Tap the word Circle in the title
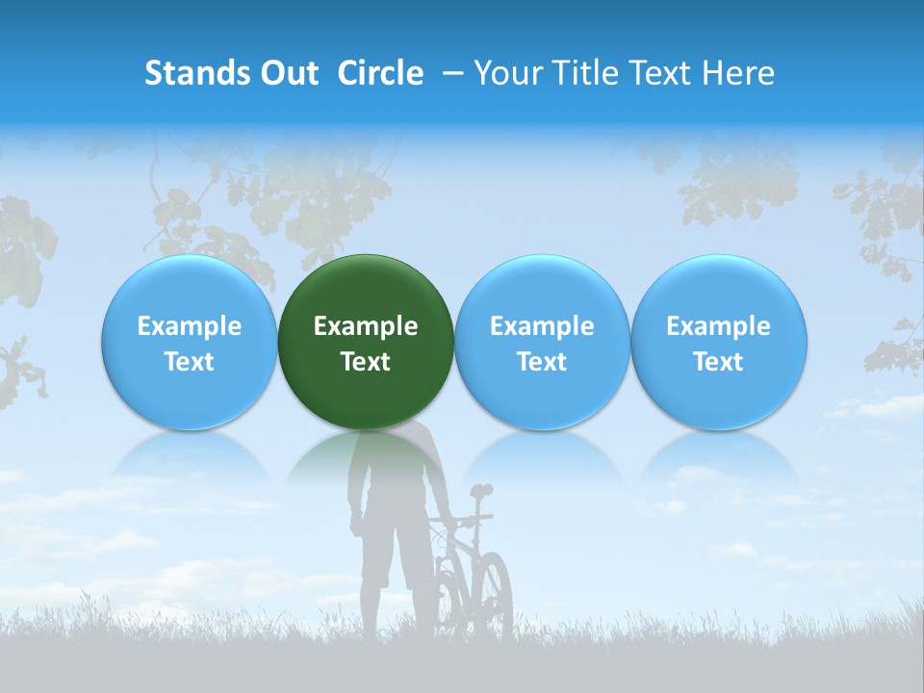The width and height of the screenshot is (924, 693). tap(380, 73)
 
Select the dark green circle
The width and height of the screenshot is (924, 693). tap(366, 342)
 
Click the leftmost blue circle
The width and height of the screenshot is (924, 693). tap(190, 342)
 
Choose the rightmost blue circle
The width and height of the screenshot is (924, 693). tap(718, 342)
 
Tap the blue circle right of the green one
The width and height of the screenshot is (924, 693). tap(542, 342)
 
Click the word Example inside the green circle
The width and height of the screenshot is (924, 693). tap(366, 326)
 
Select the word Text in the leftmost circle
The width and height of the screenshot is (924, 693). tap(190, 362)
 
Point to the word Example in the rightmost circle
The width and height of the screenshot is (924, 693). tap(718, 326)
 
